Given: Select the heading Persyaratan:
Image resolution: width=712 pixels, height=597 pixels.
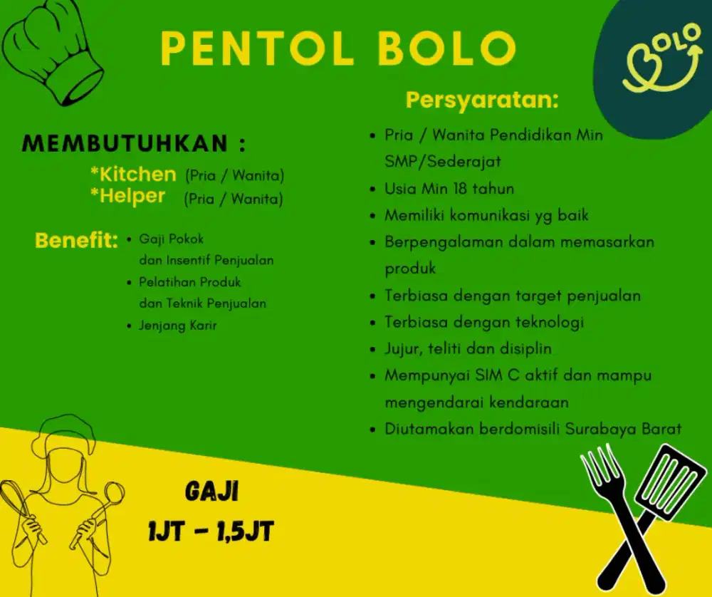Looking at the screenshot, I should coord(481,100).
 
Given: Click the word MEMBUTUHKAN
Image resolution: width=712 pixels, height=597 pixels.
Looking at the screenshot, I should coord(125,144).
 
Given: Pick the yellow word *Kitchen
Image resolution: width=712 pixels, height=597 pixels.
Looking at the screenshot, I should coord(133,175).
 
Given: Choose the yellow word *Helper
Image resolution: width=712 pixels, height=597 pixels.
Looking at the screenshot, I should coord(128,197).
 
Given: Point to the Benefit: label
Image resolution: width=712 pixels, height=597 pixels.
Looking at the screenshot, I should coord(76,241).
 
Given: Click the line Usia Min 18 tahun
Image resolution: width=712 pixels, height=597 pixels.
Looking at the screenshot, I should coord(449,189).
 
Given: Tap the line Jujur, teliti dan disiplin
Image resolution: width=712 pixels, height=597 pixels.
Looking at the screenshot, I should coord(468,349).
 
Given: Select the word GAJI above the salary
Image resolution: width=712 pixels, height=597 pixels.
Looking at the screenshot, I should coord(211,492).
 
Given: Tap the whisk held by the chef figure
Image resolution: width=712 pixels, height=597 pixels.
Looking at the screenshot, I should coord(21,503).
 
